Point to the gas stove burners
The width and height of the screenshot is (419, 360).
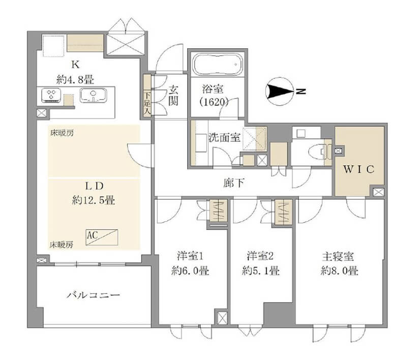click(51, 95)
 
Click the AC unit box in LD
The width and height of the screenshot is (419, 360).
click(102, 237)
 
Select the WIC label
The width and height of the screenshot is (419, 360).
click(358, 169)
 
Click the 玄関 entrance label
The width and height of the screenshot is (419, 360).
click(173, 96)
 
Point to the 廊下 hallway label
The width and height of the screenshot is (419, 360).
click(233, 183)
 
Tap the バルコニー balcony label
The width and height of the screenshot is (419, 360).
click(93, 295)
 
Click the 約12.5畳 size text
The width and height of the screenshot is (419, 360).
click(94, 200)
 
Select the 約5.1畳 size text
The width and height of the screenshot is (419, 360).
click(260, 271)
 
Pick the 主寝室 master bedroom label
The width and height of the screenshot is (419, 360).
click(338, 257)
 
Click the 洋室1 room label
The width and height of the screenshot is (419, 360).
click(190, 256)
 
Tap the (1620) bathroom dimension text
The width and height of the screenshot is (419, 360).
click(214, 102)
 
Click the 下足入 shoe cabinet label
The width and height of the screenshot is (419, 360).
click(147, 104)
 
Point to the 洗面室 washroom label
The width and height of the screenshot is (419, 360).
click(224, 137)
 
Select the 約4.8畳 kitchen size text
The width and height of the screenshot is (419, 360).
click(75, 80)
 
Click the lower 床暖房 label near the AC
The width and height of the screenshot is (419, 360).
click(61, 245)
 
